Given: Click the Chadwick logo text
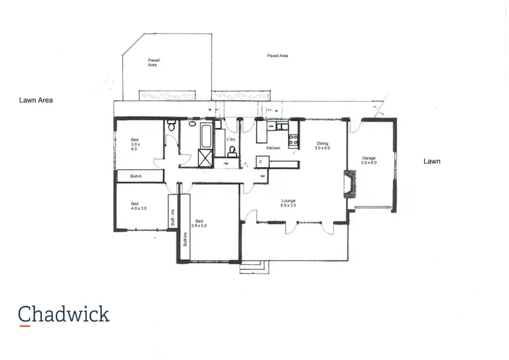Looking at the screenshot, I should pyautogui.click(x=64, y=314).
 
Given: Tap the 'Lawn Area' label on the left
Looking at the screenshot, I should pyautogui.click(x=36, y=100).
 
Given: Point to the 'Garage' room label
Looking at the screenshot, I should pyautogui.click(x=369, y=158).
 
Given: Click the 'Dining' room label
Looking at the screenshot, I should pyautogui.click(x=322, y=144).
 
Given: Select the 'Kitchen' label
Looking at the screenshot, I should pyautogui.click(x=274, y=148).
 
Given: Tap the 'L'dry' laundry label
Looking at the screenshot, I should pyautogui.click(x=231, y=139).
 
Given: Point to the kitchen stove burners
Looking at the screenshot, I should pyautogui.click(x=294, y=141).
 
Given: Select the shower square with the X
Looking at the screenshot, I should pyautogui.click(x=204, y=158).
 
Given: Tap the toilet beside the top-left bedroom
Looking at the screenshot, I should pyautogui.click(x=172, y=126).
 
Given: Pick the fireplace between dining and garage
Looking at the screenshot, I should pyautogui.click(x=348, y=184).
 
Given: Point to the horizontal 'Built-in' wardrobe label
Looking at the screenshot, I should pyautogui.click(x=135, y=176).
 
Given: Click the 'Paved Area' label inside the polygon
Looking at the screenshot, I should pyautogui.click(x=153, y=62).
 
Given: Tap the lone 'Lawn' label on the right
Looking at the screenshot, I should pyautogui.click(x=432, y=162).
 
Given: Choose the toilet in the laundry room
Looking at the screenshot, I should pyautogui.click(x=232, y=150).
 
